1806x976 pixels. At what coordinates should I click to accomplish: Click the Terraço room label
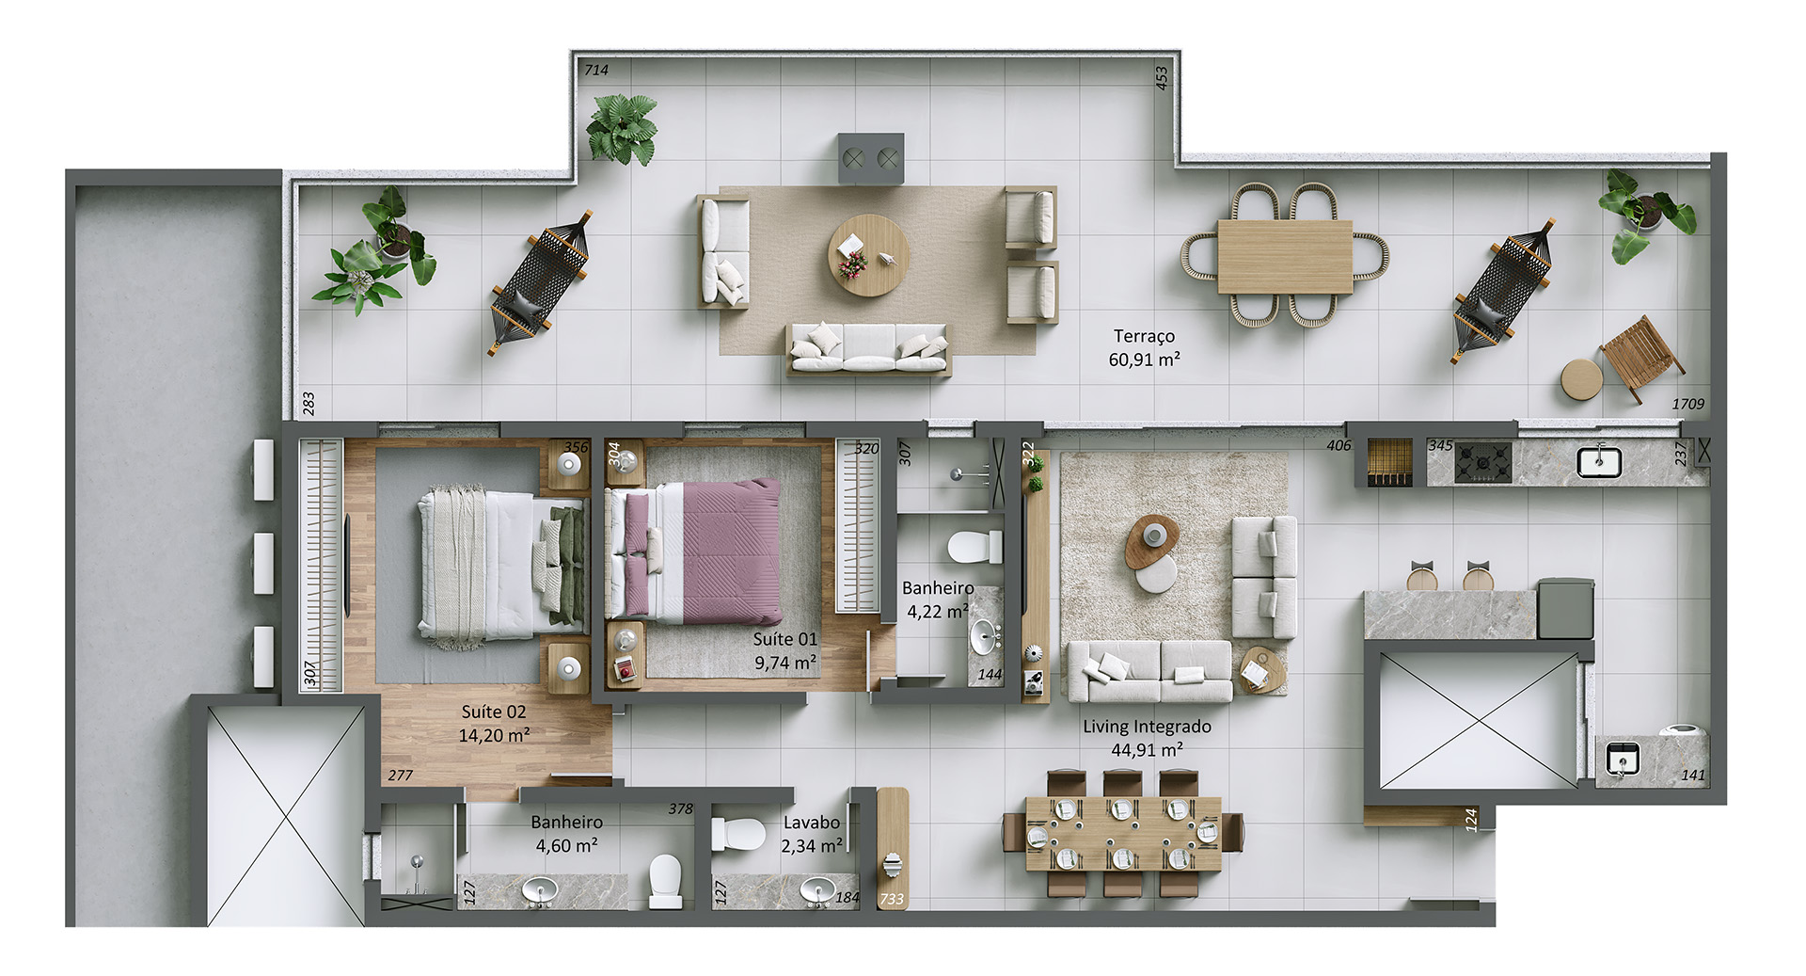pyautogui.click(x=1144, y=336)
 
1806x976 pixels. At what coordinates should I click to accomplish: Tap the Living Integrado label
pyautogui.click(x=1147, y=727)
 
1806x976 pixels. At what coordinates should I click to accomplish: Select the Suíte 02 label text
pyautogui.click(x=494, y=712)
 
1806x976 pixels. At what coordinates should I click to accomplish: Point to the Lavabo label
pyautogui.click(x=811, y=823)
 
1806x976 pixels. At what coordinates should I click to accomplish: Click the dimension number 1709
pyautogui.click(x=1687, y=404)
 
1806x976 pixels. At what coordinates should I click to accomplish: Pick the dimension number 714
pyautogui.click(x=596, y=70)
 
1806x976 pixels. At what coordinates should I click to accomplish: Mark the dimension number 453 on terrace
pyautogui.click(x=1162, y=77)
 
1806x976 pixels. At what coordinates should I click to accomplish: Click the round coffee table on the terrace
pyautogui.click(x=868, y=255)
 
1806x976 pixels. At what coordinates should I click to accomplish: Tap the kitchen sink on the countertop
pyautogui.click(x=1599, y=461)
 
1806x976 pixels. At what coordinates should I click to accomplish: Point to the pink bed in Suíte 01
pyautogui.click(x=694, y=552)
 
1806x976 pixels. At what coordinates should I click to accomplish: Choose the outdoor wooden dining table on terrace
pyautogui.click(x=1285, y=256)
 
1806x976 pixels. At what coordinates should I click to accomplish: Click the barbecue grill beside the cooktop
pyautogui.click(x=1389, y=462)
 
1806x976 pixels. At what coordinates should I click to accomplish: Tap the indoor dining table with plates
pyautogui.click(x=1123, y=834)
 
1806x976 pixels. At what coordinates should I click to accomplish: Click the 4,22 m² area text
pyautogui.click(x=937, y=612)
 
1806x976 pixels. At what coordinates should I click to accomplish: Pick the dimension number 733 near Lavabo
pyautogui.click(x=892, y=900)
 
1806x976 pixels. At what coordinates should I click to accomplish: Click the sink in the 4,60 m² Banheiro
pyautogui.click(x=539, y=890)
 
